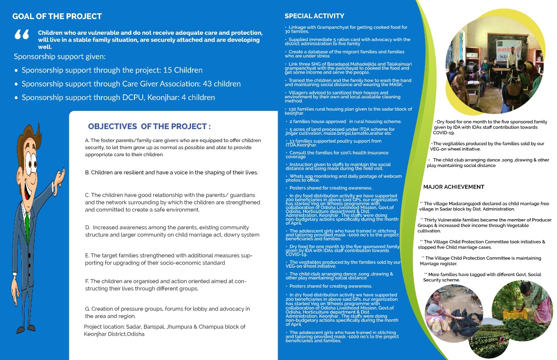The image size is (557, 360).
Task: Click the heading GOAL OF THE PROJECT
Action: click(57, 17)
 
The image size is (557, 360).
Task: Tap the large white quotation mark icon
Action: click(22, 35)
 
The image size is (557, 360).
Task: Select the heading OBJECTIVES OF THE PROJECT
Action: click(149, 127)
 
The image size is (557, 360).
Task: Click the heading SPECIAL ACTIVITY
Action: click(314, 16)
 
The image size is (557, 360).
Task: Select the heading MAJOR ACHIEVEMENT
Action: click(453, 187)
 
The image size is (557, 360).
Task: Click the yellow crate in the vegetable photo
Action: click(515, 313)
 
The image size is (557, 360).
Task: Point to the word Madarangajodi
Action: click(469, 203)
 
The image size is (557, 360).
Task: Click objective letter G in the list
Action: click(87, 309)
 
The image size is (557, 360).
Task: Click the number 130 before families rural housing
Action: click(294, 109)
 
